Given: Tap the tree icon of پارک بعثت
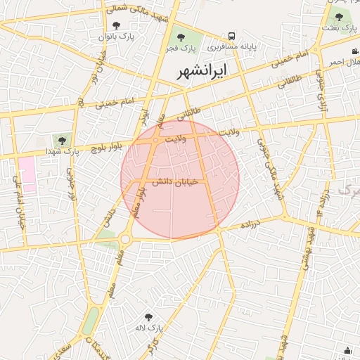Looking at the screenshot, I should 339,17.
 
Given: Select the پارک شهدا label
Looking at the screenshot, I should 61,151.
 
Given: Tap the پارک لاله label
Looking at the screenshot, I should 149,328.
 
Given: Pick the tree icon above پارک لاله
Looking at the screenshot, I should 148,318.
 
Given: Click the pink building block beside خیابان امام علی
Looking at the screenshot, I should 26,172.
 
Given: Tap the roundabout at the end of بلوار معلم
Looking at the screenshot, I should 125,239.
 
